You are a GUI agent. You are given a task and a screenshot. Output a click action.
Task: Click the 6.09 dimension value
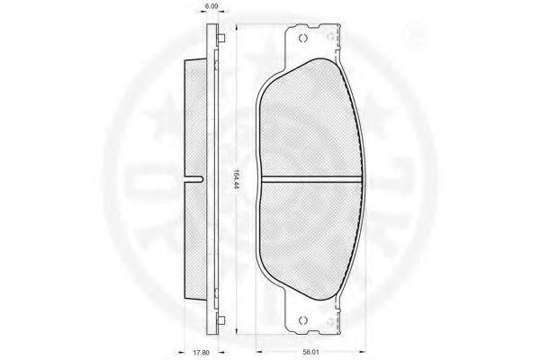click(x=212, y=6)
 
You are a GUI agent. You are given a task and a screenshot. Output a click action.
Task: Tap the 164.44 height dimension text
click(x=236, y=180)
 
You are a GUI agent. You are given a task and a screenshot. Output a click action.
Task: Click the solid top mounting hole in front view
click(x=302, y=38)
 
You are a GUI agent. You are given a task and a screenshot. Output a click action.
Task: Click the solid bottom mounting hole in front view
click(x=302, y=320)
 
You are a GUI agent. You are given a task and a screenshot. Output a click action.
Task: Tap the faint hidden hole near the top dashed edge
click(x=330, y=36)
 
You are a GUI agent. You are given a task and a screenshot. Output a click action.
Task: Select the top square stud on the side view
click(x=221, y=38)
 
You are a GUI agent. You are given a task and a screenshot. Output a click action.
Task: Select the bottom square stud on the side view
click(x=221, y=320)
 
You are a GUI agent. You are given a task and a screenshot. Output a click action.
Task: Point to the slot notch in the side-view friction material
click(x=195, y=179)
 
